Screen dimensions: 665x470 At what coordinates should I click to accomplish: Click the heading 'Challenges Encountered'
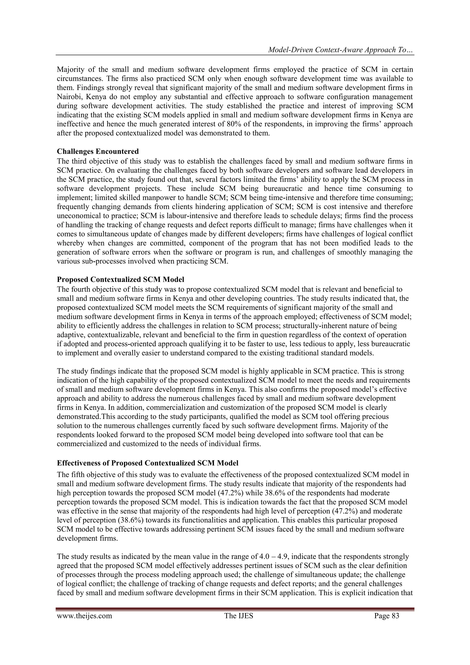pyautogui.click(x=98, y=151)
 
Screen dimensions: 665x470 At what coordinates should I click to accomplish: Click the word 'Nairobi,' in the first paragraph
pyautogui.click(x=69, y=97)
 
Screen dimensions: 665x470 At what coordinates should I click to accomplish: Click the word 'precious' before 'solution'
pyautogui.click(x=376, y=417)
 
